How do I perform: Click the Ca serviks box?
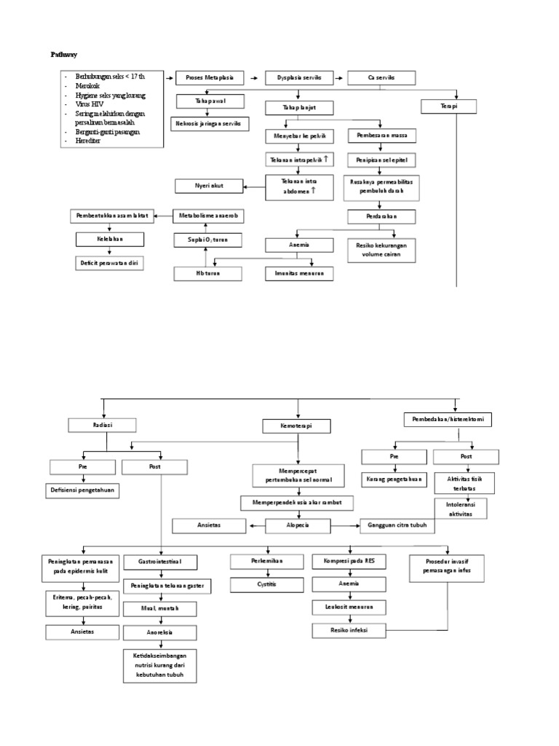coord(381,78)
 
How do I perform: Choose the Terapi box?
coord(448,106)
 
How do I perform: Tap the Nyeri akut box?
coord(209,186)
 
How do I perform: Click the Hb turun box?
coord(207,273)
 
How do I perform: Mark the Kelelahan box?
coord(110,239)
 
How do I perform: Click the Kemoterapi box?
coord(297,425)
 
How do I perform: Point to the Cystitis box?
coord(266,584)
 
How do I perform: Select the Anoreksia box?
coord(159,632)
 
